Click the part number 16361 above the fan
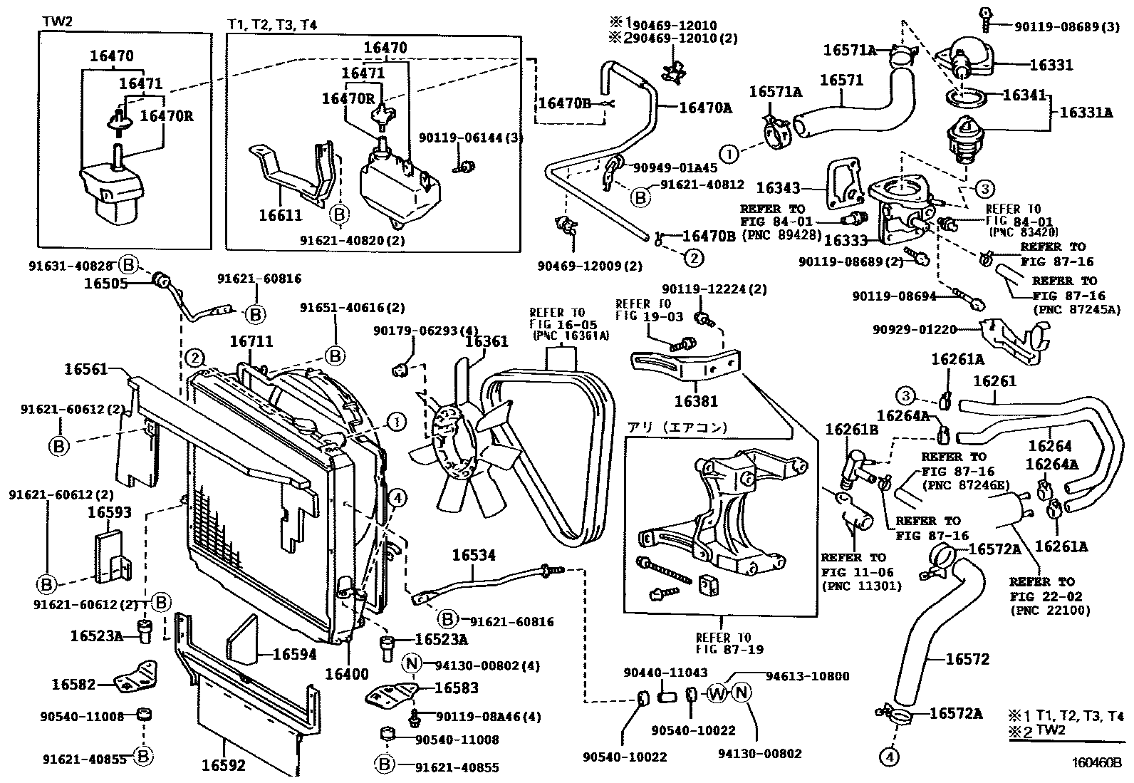(x=487, y=341)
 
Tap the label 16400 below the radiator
(x=346, y=674)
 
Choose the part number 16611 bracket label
(x=282, y=215)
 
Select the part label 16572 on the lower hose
(x=967, y=659)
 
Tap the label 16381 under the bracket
(x=696, y=401)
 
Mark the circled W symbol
(x=717, y=693)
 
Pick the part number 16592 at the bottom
(x=223, y=765)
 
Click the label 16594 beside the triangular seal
(x=294, y=654)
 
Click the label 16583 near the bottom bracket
(x=456, y=688)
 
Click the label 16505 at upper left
(x=105, y=283)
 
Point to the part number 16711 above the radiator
(x=251, y=342)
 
